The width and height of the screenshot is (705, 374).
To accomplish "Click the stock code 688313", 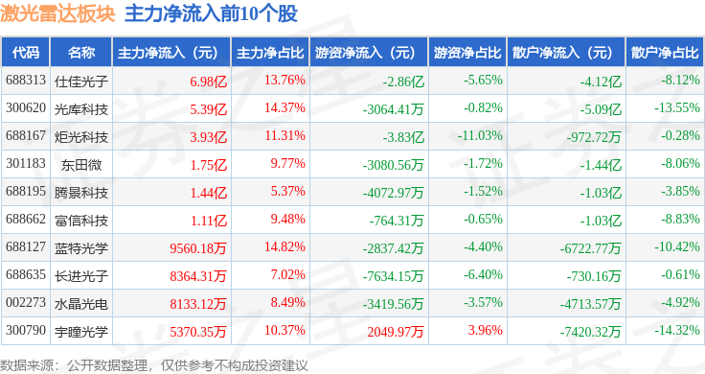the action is [x=26, y=81].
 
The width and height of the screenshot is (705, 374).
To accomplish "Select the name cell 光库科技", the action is [x=80, y=109].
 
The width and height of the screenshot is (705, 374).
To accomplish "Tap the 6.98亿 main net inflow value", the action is [x=208, y=82].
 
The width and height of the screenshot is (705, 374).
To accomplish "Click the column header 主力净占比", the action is [x=270, y=53].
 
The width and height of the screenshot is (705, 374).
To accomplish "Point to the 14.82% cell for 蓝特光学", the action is [x=284, y=247].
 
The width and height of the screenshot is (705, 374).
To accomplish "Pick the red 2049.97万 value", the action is [x=396, y=332].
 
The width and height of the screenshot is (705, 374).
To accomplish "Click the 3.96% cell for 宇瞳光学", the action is [x=485, y=330].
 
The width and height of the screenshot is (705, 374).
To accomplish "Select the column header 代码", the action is [x=26, y=53].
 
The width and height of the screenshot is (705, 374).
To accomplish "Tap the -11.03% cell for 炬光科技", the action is [x=480, y=136].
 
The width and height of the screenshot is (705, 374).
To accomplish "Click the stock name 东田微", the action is [x=81, y=165].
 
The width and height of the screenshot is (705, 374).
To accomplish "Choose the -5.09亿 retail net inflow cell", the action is [x=601, y=109].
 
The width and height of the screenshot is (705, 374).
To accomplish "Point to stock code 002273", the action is [x=26, y=302].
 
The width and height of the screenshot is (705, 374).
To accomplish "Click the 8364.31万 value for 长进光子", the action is [x=198, y=276].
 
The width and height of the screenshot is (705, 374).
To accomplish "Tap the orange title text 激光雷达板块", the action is [x=57, y=13].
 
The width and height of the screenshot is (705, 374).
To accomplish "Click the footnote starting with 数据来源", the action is [x=154, y=365].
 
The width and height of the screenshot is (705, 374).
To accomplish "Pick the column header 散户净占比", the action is [x=665, y=53].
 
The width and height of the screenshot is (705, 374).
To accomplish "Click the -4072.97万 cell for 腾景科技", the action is [x=393, y=193].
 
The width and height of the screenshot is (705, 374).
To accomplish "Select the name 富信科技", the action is [x=80, y=221].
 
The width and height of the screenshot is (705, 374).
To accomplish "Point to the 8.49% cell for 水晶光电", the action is [x=287, y=302].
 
